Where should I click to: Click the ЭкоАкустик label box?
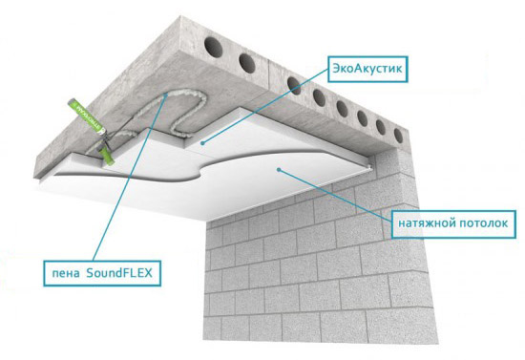(367, 69)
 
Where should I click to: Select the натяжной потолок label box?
(453, 224)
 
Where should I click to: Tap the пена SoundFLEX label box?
(102, 273)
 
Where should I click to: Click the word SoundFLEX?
(119, 273)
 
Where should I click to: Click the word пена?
(66, 274)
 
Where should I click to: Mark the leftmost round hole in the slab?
(213, 46)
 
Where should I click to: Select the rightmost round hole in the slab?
(398, 136)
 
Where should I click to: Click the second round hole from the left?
(247, 63)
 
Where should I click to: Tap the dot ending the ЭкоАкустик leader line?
(202, 143)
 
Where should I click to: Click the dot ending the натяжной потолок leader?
(278, 169)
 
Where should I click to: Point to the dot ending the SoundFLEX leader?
(166, 95)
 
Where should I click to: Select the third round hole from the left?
(294, 86)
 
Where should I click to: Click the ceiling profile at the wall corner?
(369, 166)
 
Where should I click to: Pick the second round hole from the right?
(381, 127)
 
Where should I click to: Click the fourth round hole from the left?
(319, 97)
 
